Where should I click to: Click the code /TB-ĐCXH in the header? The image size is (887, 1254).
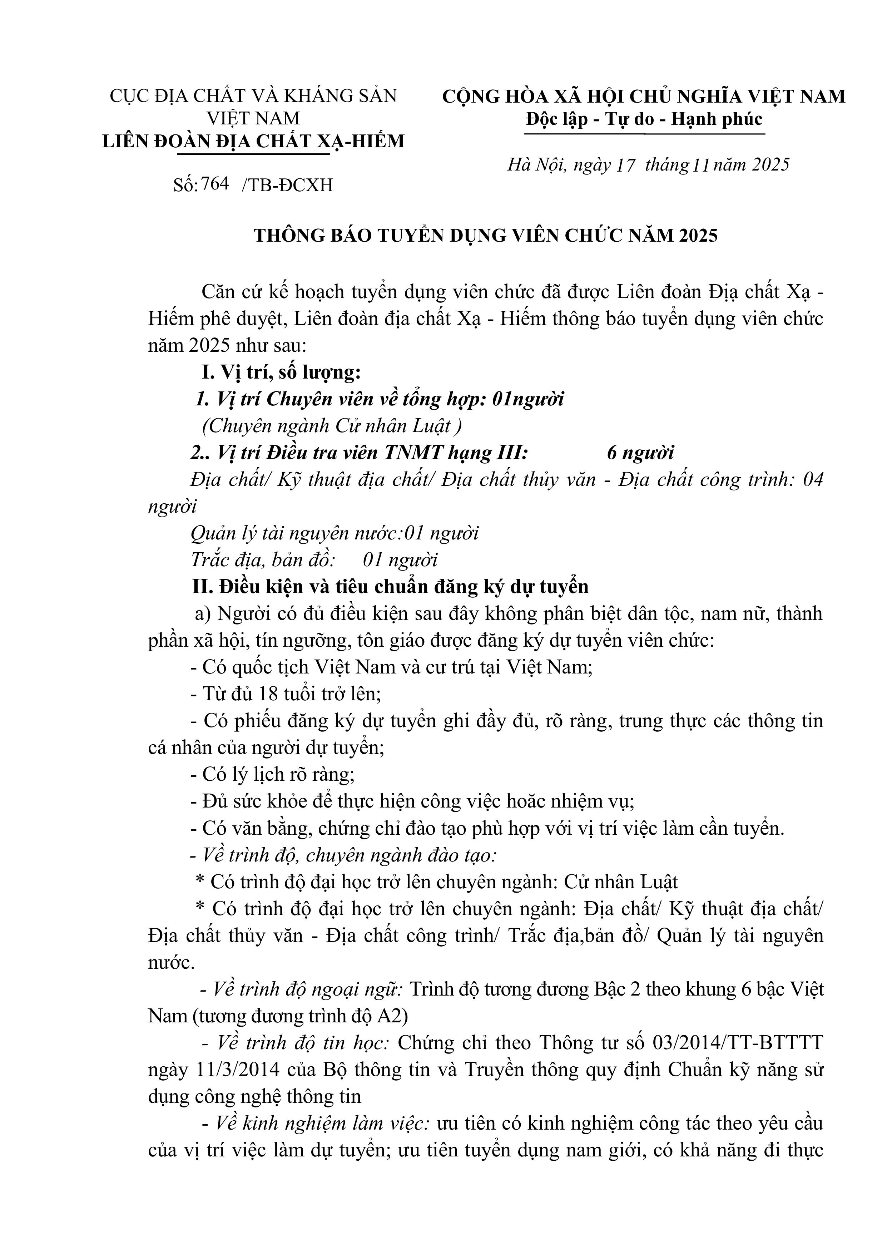(x=287, y=186)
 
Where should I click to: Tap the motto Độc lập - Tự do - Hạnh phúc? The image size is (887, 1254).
(x=644, y=119)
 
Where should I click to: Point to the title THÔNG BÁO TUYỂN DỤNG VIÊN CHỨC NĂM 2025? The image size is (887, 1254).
(x=486, y=236)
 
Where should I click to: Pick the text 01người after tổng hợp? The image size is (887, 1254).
(x=527, y=399)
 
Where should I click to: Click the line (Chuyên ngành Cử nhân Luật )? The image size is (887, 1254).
(x=332, y=426)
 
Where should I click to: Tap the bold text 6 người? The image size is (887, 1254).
(x=640, y=453)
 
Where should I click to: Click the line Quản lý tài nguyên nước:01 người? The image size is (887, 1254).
(x=334, y=533)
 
